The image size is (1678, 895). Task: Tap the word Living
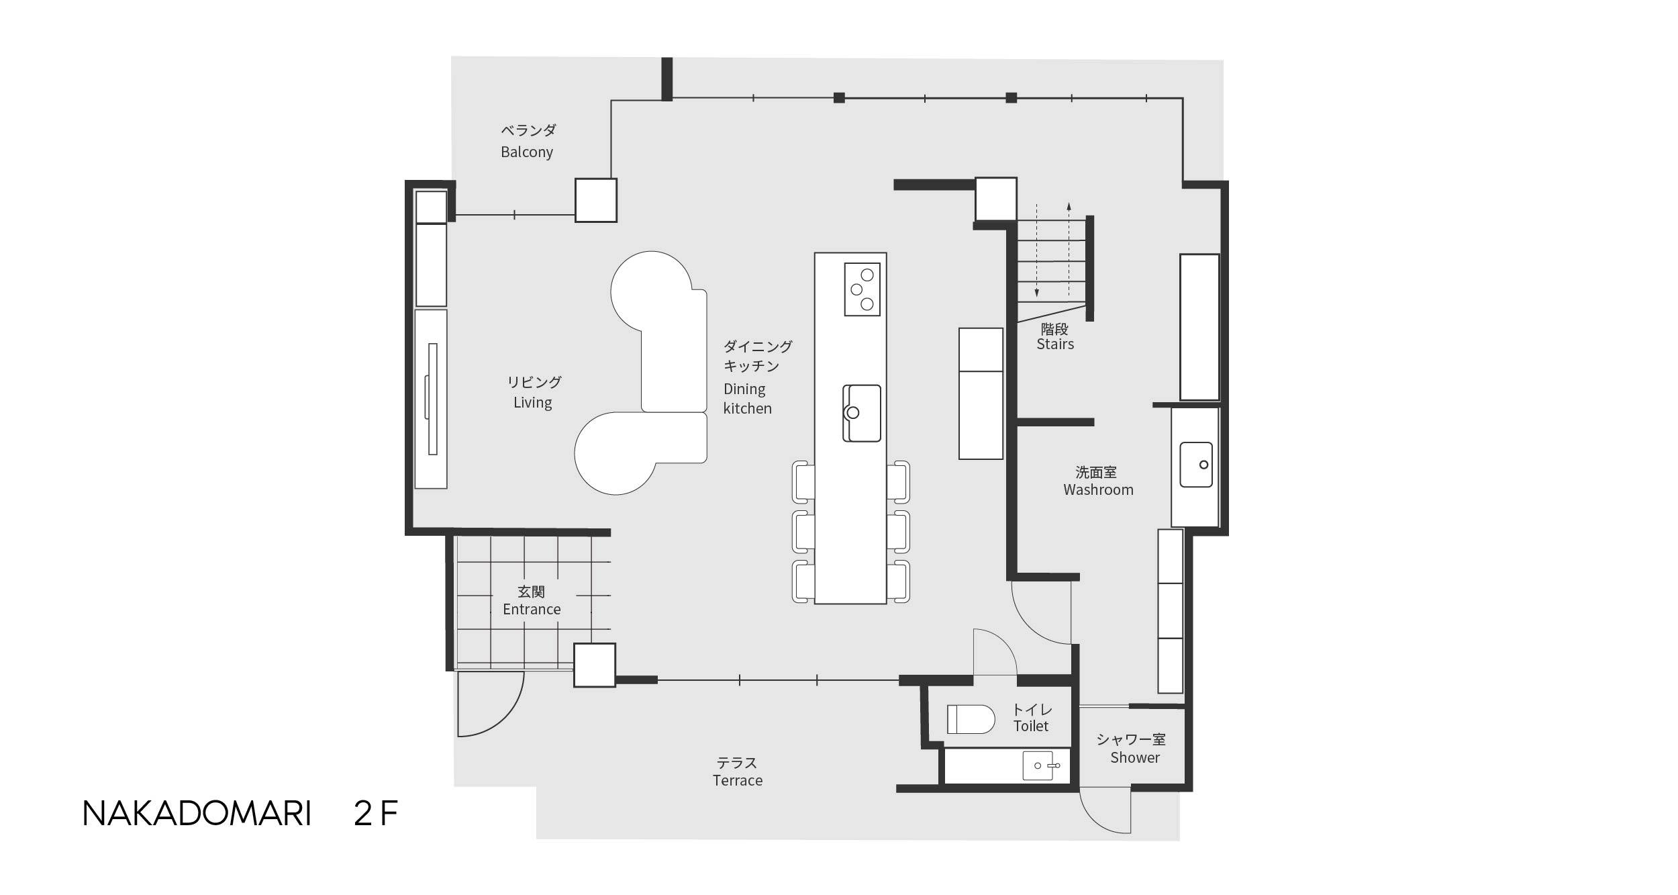click(x=533, y=402)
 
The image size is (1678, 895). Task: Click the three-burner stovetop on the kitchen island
click(x=862, y=289)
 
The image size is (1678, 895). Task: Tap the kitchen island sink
click(x=862, y=413)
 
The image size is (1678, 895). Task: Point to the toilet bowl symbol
click(x=971, y=719)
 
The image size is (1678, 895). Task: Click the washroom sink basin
click(x=1196, y=465)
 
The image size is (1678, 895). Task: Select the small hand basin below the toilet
click(x=1039, y=766)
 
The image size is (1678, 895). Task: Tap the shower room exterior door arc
click(x=1099, y=820)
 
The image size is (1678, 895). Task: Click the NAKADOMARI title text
click(x=197, y=814)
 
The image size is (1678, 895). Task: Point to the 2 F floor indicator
click(x=376, y=814)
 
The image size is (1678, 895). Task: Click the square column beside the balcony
click(x=596, y=200)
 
